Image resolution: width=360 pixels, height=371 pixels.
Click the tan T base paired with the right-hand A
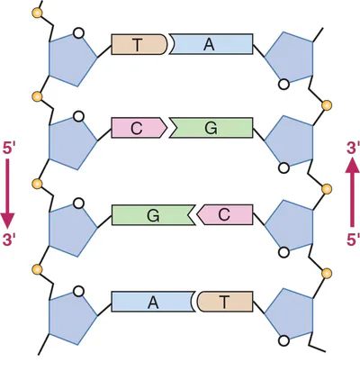pyautogui.click(x=139, y=44)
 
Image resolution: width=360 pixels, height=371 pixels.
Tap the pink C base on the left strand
pyautogui.click(x=139, y=128)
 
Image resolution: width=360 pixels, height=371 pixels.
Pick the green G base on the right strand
pyautogui.click(x=211, y=128)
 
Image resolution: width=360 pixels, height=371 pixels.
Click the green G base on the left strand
pyautogui.click(x=153, y=215)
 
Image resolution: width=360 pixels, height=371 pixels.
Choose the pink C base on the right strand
pyautogui.click(x=225, y=215)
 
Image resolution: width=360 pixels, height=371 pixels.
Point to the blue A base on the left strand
pyautogui.click(x=152, y=302)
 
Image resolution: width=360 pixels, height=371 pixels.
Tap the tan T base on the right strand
pyautogui.click(x=226, y=302)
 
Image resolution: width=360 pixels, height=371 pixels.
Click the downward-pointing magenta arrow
pyautogui.click(x=7, y=194)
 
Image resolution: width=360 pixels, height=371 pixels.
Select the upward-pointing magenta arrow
pyautogui.click(x=353, y=192)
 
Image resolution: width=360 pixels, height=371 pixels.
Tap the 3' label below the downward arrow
pyautogui.click(x=8, y=240)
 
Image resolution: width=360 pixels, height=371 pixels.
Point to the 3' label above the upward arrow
pyautogui.click(x=353, y=149)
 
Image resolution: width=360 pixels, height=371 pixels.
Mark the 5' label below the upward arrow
pyautogui.click(x=353, y=240)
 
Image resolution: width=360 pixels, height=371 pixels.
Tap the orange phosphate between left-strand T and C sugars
pyautogui.click(x=37, y=96)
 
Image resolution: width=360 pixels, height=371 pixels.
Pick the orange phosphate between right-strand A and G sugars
pyautogui.click(x=327, y=105)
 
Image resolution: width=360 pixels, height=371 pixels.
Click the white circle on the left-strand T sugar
pyautogui.click(x=78, y=32)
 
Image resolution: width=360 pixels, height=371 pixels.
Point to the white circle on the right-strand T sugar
pyautogui.click(x=283, y=341)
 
